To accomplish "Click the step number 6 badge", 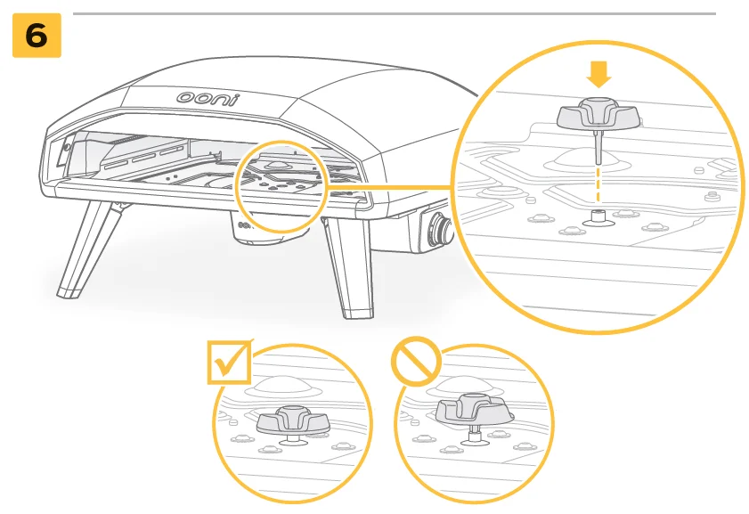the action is [37, 36].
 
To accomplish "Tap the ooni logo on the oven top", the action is [208, 98].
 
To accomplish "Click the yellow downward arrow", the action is [598, 74].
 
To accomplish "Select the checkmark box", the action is [229, 362].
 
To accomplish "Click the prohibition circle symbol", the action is [416, 362].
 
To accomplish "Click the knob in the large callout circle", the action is [598, 115].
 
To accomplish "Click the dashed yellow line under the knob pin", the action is [598, 185].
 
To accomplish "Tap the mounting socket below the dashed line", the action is [598, 218].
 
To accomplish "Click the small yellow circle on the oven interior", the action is [281, 187].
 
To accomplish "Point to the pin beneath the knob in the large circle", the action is [598, 147].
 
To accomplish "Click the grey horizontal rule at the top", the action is [394, 14].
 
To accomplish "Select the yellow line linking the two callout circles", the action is [389, 187].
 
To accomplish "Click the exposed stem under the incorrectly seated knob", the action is [474, 433].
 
